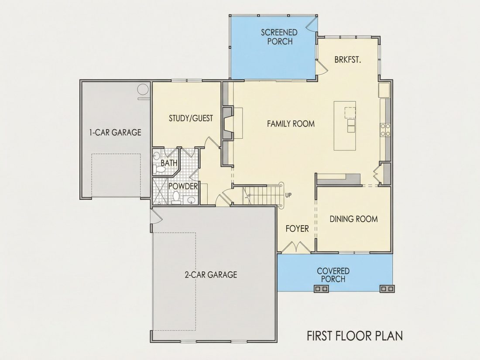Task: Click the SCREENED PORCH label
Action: [279, 37]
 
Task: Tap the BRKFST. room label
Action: [348, 60]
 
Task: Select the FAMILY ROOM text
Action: [291, 123]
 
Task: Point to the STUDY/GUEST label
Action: [191, 118]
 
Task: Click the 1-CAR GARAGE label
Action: [115, 132]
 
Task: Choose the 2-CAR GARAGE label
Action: [211, 274]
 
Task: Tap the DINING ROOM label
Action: [353, 219]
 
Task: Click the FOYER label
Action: [297, 229]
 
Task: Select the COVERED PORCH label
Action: [333, 275]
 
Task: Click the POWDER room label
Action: [183, 186]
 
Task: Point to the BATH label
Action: [169, 163]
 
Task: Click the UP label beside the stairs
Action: [288, 195]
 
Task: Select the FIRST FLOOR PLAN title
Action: [355, 336]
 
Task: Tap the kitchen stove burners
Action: [385, 130]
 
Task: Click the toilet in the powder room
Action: [176, 198]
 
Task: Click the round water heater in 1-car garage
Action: [143, 90]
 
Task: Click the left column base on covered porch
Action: [321, 289]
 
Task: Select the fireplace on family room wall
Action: [227, 123]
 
